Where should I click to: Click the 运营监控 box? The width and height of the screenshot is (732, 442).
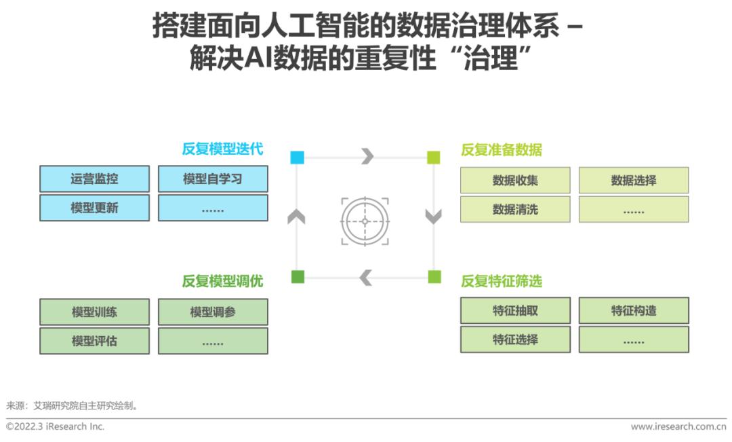94,179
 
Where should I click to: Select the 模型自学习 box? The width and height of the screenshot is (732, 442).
213,179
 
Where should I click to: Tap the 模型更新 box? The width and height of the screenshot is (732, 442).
94,208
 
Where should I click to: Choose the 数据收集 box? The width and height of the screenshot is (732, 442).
515,180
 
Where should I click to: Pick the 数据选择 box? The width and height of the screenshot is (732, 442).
634,180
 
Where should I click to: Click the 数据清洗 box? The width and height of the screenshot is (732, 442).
515,209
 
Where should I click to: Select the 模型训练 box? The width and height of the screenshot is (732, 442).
94,312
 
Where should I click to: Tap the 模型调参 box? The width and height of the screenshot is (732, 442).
213,312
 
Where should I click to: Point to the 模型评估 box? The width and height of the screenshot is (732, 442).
94,341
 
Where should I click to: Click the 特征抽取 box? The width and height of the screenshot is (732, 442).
515,310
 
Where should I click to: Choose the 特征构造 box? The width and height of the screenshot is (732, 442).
634,310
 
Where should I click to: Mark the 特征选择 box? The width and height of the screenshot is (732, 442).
515,339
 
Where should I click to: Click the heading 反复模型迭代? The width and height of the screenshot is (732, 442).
223,149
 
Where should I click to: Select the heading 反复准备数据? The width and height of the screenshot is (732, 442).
502,149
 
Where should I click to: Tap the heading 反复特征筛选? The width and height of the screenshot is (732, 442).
502,281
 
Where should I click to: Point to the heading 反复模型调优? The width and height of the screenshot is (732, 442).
223,281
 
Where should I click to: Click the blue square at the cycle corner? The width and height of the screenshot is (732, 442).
298,157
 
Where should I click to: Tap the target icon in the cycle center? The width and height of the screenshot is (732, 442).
365,221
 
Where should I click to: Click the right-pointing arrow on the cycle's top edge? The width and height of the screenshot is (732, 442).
368,156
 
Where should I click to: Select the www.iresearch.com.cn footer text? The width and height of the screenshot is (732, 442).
678,426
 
